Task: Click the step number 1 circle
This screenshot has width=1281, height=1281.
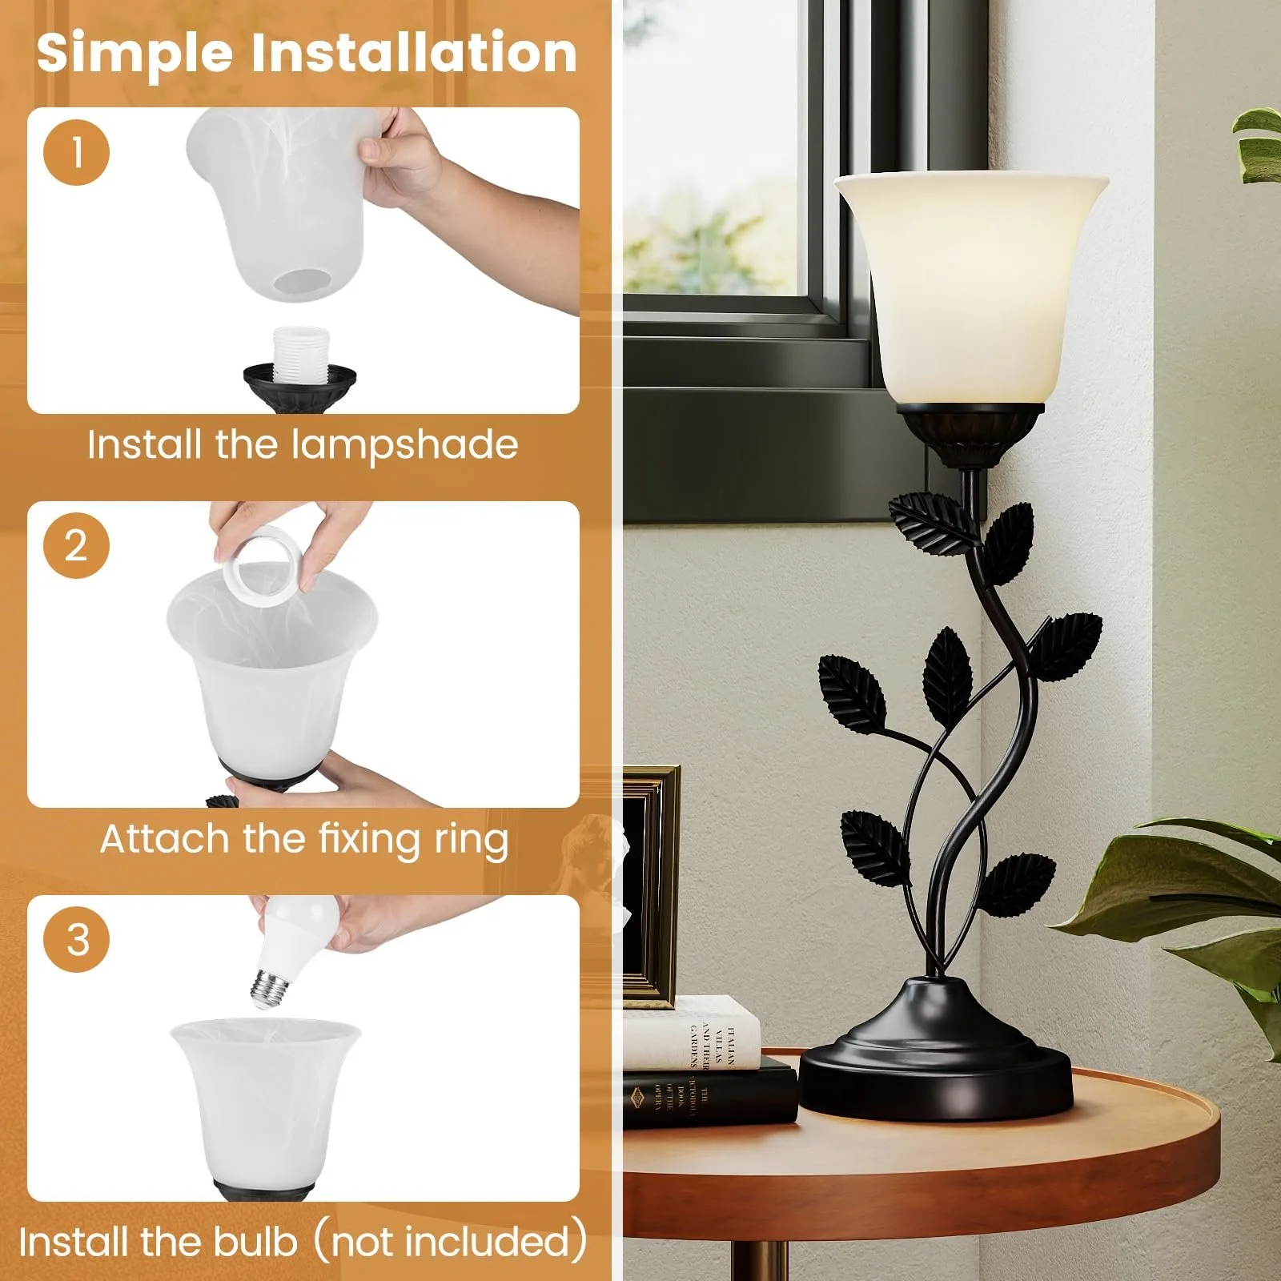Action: [x=76, y=152]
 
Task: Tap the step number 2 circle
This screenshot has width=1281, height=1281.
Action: [x=76, y=546]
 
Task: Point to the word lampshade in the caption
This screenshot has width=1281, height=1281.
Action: [x=405, y=445]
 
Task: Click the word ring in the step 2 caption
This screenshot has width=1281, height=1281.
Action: [x=471, y=840]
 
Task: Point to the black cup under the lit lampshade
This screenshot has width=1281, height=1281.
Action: [x=970, y=432]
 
